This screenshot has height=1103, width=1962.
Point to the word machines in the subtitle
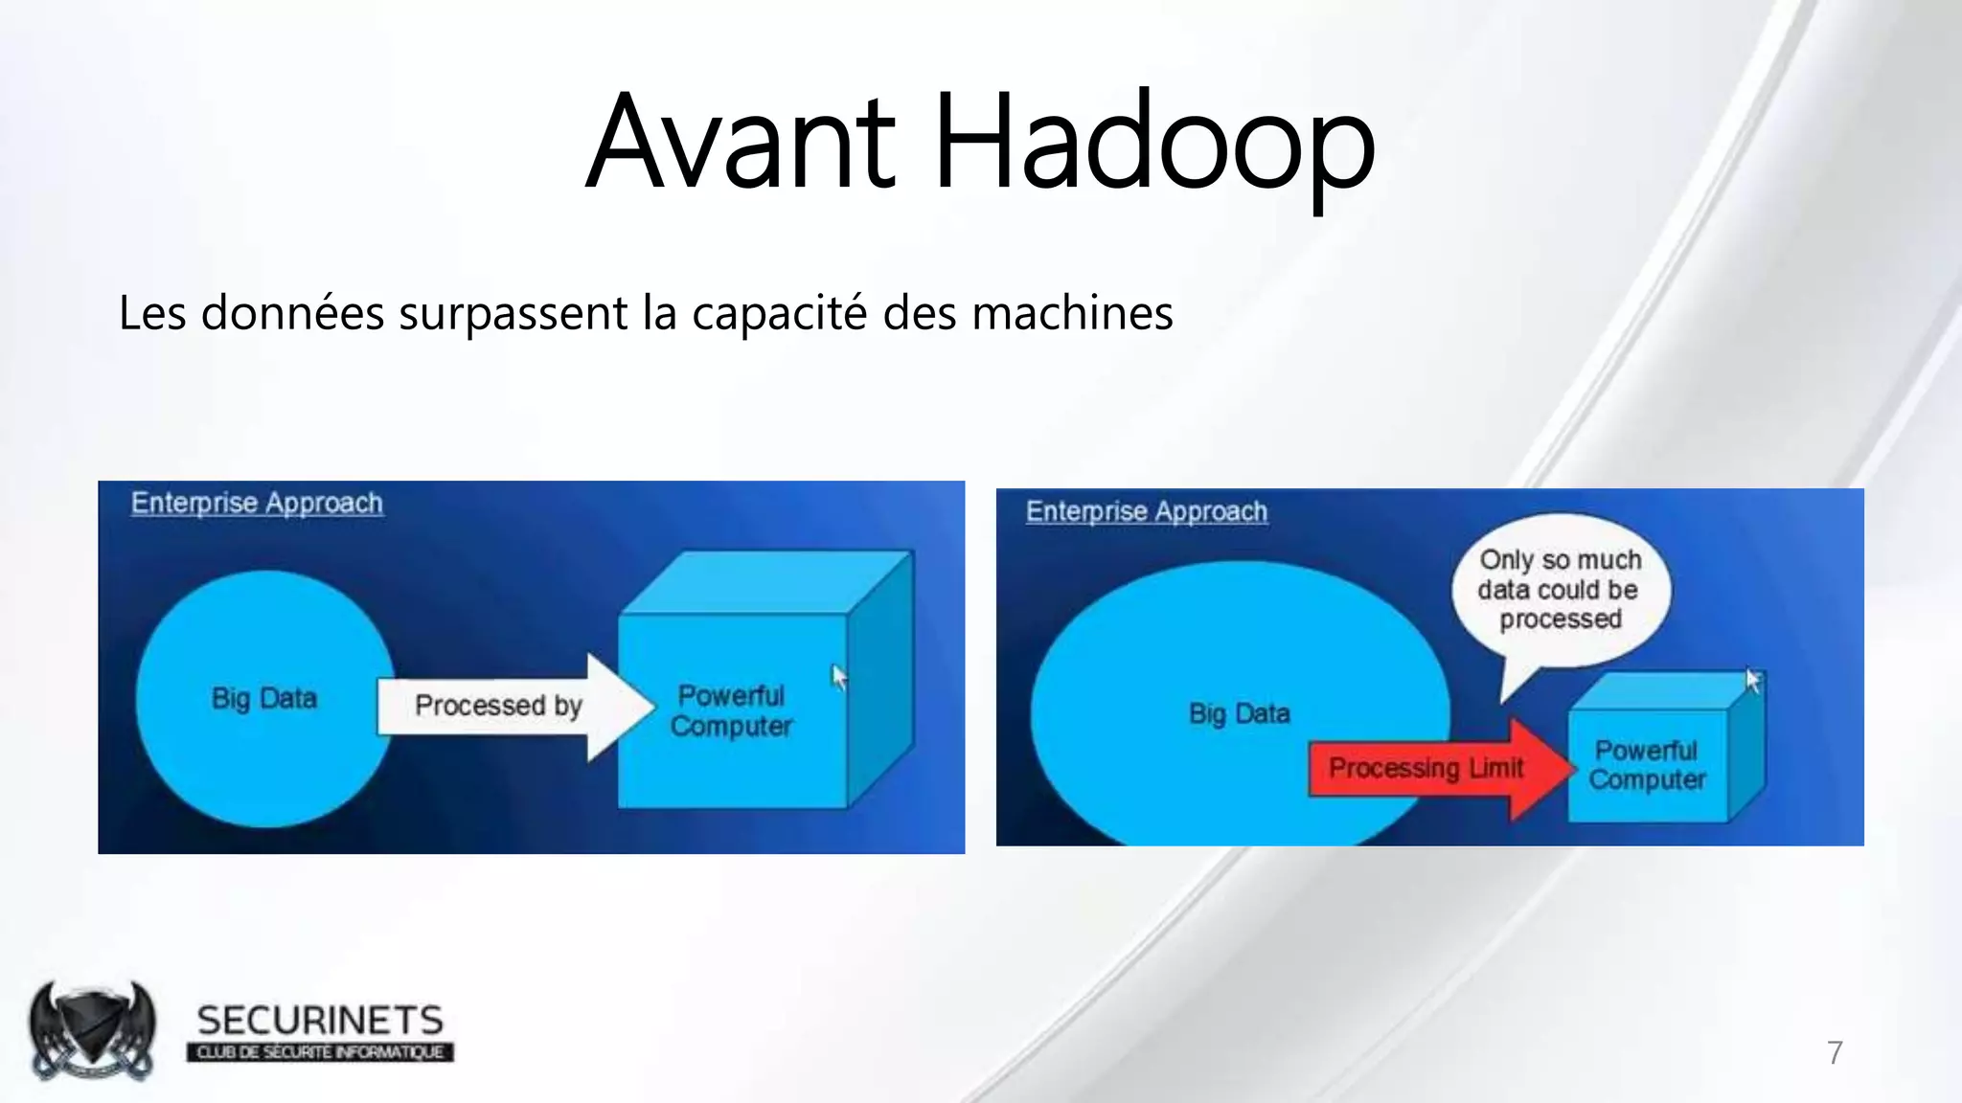point(1072,313)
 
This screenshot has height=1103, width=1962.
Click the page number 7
point(1835,1053)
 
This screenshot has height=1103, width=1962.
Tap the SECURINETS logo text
point(320,1021)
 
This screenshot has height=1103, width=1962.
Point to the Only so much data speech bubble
point(1560,590)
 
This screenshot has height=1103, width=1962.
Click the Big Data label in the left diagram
point(264,698)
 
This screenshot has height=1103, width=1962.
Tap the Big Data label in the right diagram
point(1239,713)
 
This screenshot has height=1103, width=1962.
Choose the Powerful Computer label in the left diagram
point(731,710)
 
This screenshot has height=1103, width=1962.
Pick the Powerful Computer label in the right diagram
point(1647,765)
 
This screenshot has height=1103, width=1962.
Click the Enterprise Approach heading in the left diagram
point(257,503)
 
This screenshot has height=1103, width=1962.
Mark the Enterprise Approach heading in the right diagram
point(1147,511)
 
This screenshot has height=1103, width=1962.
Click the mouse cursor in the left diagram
point(839,677)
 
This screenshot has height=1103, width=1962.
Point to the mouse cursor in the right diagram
point(1753,680)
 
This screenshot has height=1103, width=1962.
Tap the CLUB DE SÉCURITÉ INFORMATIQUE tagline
point(320,1052)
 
